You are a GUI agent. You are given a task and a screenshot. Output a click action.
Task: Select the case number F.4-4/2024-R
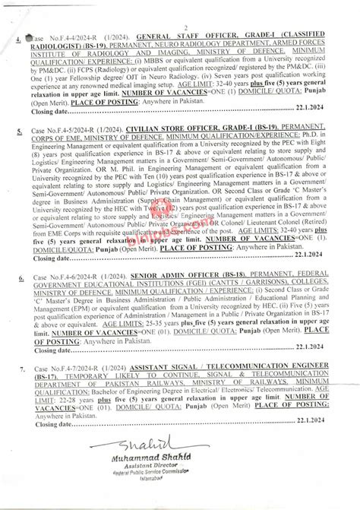tap(70, 37)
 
